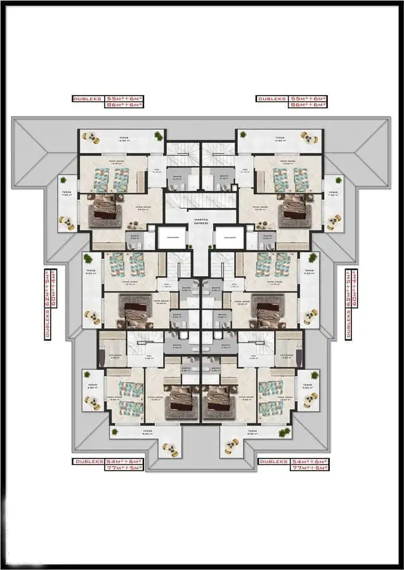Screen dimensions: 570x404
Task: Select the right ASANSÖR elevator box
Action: [230, 237]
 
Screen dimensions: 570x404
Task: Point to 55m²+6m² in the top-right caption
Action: [308, 99]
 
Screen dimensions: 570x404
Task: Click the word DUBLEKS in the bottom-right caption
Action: [273, 460]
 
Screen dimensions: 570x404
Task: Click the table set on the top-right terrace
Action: [310, 137]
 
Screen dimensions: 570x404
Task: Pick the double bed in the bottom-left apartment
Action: [180, 399]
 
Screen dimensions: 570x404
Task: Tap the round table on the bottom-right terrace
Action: [310, 399]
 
